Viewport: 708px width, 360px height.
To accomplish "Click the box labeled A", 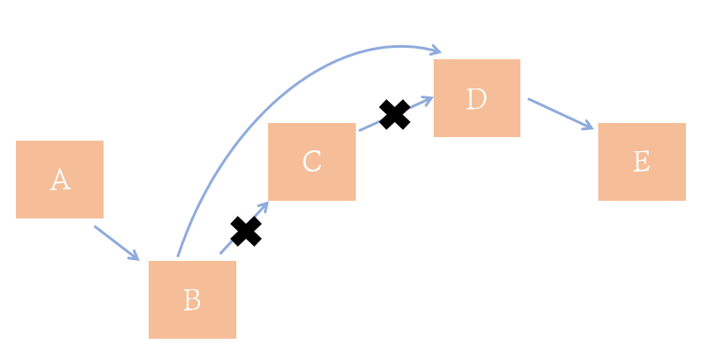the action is point(59,179).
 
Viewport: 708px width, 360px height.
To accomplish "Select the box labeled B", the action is point(192,299).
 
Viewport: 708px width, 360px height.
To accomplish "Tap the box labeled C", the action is point(312,161).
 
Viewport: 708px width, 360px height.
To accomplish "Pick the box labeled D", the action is point(476,98).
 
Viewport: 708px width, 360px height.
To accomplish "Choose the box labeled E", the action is point(642,161).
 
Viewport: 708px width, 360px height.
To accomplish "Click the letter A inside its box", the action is point(59,180).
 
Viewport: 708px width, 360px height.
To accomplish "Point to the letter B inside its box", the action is point(192,301).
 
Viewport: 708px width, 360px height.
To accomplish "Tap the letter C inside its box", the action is point(312,162).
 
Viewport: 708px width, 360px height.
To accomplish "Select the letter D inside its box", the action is point(476,99).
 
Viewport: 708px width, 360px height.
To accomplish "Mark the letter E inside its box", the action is point(642,162).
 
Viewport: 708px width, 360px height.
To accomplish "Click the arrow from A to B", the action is point(116,242).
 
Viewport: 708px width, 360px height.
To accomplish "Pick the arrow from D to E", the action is point(559,113).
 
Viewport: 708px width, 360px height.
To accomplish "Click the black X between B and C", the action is point(246,231).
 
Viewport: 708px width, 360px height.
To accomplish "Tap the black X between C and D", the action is point(395,114).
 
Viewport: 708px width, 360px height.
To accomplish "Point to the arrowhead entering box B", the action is point(135,257).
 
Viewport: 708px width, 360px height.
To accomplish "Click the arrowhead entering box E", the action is point(589,126).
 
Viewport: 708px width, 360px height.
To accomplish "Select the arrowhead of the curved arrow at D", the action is point(436,50).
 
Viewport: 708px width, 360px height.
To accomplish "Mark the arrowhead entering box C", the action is point(264,206).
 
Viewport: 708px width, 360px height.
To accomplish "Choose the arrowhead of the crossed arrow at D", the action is point(428,99).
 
